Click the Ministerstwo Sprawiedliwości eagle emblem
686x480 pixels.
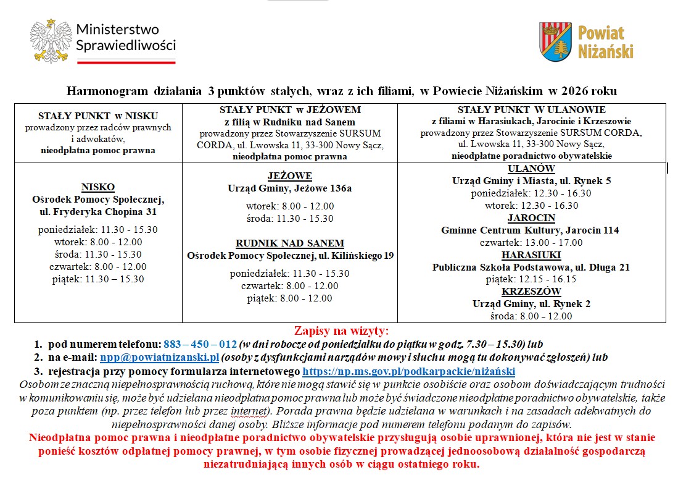(x=50, y=41)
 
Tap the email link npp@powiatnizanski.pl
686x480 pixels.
(x=160, y=358)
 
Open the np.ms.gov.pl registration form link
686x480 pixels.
(x=408, y=371)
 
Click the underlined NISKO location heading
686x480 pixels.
(x=98, y=187)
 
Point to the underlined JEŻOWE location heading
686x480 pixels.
(x=290, y=176)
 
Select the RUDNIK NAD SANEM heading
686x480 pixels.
(x=290, y=243)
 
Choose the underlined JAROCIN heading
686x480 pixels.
(x=531, y=218)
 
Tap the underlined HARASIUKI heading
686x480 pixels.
(x=531, y=255)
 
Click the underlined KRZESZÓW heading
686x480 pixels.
(x=531, y=292)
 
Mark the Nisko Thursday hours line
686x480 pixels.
(x=98, y=267)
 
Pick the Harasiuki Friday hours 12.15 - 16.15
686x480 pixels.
(x=531, y=279)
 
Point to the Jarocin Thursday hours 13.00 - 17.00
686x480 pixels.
(x=531, y=243)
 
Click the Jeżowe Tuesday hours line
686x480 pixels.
(x=290, y=206)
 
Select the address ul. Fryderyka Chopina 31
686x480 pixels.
(x=98, y=212)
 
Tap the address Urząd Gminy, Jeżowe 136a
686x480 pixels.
(x=290, y=188)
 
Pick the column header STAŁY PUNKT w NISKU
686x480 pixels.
(x=98, y=116)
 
